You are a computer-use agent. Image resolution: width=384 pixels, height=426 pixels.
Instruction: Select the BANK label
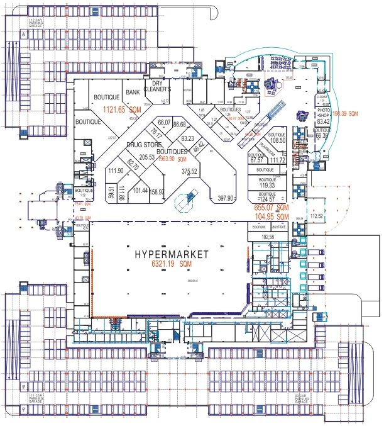(132, 92)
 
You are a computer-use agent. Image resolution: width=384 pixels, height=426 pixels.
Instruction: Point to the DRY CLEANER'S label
(158, 86)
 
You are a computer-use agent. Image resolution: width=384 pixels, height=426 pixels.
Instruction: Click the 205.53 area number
(146, 157)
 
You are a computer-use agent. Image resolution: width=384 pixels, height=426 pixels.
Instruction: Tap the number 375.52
(189, 171)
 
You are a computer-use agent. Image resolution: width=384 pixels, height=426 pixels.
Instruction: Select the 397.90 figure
(226, 198)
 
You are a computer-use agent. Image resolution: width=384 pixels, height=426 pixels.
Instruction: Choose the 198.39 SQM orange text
(345, 113)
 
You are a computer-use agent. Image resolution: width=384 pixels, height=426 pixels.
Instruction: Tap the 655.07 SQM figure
(271, 207)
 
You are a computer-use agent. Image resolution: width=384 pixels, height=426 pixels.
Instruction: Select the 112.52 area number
(316, 216)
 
